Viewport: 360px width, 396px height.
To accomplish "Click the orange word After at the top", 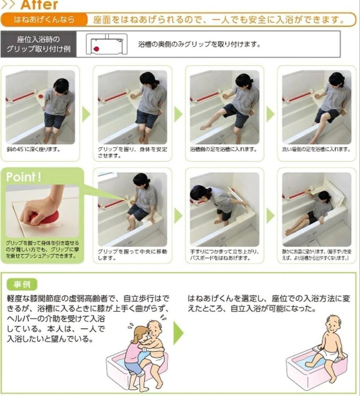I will (x=39, y=5).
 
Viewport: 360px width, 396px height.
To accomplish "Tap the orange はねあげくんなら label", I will (x=44, y=19).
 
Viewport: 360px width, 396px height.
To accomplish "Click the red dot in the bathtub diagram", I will (x=97, y=48).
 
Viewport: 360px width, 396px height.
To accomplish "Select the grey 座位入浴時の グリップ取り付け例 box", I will (x=39, y=44).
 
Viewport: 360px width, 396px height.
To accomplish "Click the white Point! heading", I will (x=24, y=177).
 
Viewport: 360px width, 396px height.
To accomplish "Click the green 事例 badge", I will (x=22, y=284).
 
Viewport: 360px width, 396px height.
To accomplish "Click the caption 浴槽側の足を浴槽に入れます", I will (x=223, y=150).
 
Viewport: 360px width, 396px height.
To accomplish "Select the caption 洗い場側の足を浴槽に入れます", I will (x=316, y=150).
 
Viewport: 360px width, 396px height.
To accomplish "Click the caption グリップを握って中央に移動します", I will (x=132, y=255).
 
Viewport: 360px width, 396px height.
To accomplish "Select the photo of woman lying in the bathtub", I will (x=316, y=209).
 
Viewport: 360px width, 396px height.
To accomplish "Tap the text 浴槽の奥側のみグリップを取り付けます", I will (x=199, y=45).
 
